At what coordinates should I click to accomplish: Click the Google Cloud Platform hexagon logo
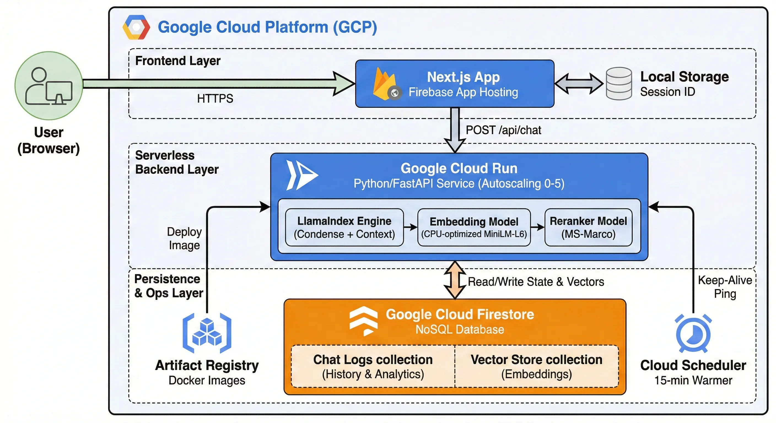(136, 27)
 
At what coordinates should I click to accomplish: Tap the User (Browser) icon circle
(49, 86)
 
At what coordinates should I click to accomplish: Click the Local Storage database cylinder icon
(619, 83)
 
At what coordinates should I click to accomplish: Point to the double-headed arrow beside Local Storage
(579, 83)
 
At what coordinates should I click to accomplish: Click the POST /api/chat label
(503, 130)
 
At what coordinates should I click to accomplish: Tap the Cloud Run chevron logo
(301, 175)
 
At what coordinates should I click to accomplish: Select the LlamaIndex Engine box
(344, 227)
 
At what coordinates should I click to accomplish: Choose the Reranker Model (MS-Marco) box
(588, 227)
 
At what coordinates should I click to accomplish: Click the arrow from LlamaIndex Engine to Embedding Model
(410, 227)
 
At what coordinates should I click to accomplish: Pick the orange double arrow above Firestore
(455, 280)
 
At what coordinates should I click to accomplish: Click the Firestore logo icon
(363, 321)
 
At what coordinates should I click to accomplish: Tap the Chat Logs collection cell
(373, 366)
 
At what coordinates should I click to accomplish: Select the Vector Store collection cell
(536, 366)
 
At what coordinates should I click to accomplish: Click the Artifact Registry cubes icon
(207, 333)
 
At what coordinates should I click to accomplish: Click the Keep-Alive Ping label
(725, 287)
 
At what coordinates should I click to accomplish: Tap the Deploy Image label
(184, 238)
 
